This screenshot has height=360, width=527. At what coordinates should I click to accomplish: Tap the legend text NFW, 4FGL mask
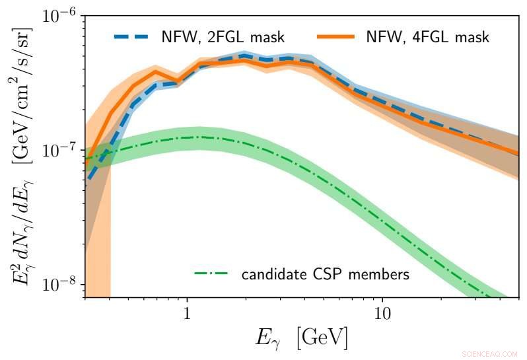pyautogui.click(x=427, y=37)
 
